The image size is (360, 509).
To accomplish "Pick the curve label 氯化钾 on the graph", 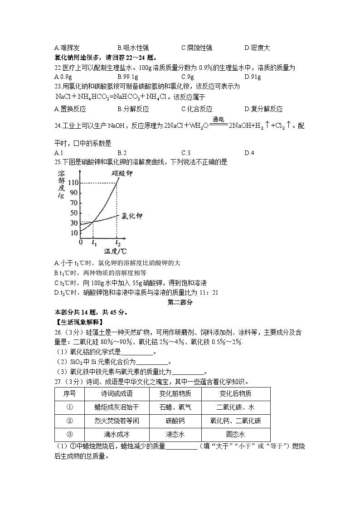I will tap(132, 217).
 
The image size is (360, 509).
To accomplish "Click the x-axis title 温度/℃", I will tap(115, 251).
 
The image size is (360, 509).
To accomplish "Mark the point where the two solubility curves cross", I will tap(93, 221).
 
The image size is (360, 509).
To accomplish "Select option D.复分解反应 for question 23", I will tap(263, 109).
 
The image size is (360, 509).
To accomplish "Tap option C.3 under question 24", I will tap(185, 153).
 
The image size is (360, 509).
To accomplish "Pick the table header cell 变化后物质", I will tap(235, 393).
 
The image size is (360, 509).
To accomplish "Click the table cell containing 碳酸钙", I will tap(175, 421).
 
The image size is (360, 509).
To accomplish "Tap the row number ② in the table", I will tap(70, 421).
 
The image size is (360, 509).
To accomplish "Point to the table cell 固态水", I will tap(235, 434).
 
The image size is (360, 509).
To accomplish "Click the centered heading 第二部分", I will tap(180, 302).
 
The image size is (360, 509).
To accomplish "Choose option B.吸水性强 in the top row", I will tap(133, 48).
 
